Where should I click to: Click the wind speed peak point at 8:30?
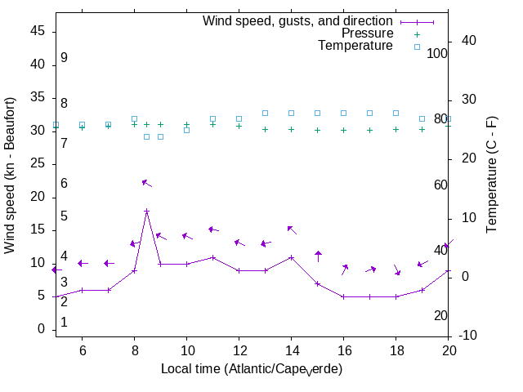[x=147, y=211]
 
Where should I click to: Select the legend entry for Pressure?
[x=368, y=33]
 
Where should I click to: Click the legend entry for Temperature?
[x=355, y=47]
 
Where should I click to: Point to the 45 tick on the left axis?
[x=38, y=31]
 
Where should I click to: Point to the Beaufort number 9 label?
[x=64, y=58]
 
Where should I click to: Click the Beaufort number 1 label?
[x=64, y=323]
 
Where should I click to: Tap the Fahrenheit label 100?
[x=437, y=53]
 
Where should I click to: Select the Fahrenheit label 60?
[x=440, y=185]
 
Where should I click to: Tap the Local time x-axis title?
[x=251, y=370]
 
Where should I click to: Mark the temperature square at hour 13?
[x=265, y=113]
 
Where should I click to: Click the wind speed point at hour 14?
[x=291, y=257]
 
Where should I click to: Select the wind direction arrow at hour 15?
[x=318, y=256]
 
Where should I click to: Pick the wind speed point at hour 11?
[x=212, y=257]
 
